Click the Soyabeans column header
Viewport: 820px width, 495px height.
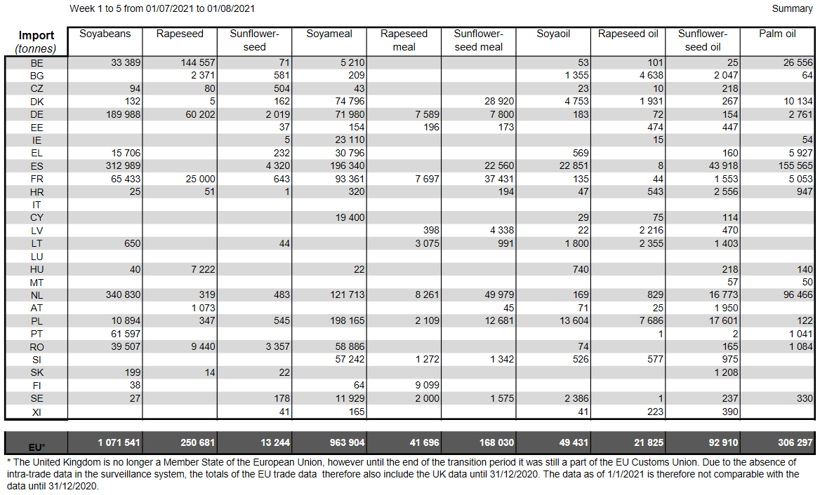pyautogui.click(x=105, y=34)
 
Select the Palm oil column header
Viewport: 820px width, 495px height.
pyautogui.click(x=777, y=34)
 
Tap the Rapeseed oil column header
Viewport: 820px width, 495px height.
pyautogui.click(x=628, y=34)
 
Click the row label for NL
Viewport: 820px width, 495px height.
pyautogui.click(x=37, y=295)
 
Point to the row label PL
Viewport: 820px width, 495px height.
pyautogui.click(x=37, y=321)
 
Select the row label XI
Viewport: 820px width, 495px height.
pyautogui.click(x=37, y=412)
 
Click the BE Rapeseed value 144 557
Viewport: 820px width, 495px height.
pyautogui.click(x=198, y=62)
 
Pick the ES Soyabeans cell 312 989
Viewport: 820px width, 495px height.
pyautogui.click(x=124, y=166)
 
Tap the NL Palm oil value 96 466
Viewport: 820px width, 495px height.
pyautogui.click(x=798, y=295)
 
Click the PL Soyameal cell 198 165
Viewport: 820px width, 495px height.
pyautogui.click(x=348, y=320)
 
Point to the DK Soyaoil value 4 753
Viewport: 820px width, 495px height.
pyautogui.click(x=577, y=101)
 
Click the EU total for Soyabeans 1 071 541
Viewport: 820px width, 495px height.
pyautogui.click(x=119, y=443)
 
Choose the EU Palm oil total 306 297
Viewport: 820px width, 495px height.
pyautogui.click(x=795, y=443)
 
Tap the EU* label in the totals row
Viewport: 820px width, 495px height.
pyautogui.click(x=37, y=447)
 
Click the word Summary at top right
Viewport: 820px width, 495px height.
pyautogui.click(x=793, y=8)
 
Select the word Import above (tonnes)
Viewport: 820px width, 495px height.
pyautogui.click(x=37, y=35)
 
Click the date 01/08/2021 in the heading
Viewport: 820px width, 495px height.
pyautogui.click(x=230, y=8)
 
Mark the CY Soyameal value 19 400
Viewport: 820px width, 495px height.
pyautogui.click(x=350, y=218)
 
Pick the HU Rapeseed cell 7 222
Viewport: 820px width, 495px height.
pyautogui.click(x=203, y=269)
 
